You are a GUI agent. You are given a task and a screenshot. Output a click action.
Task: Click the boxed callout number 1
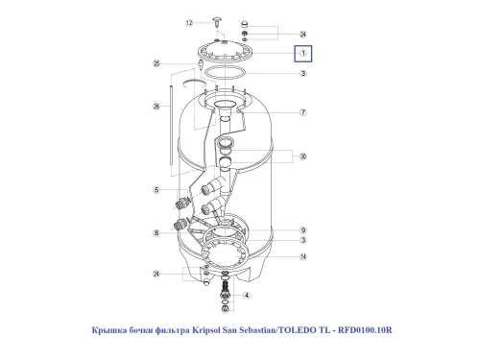click(303, 54)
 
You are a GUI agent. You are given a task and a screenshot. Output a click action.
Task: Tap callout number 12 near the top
click(189, 23)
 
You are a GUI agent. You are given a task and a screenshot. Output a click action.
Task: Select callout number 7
click(303, 112)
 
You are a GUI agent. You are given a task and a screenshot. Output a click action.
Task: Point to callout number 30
click(303, 156)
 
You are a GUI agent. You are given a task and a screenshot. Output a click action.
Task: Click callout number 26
click(156, 107)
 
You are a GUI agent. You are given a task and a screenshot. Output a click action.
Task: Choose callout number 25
click(156, 63)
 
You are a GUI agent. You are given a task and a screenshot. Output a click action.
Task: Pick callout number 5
click(156, 190)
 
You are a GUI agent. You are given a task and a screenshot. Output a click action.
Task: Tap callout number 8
click(156, 233)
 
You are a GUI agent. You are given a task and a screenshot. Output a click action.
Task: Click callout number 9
click(303, 230)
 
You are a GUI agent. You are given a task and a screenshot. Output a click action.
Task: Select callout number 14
click(303, 256)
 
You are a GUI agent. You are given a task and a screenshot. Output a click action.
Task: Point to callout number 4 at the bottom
click(247, 296)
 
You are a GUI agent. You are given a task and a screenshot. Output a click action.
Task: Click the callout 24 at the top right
click(303, 35)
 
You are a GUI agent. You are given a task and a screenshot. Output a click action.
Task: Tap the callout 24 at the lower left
click(156, 274)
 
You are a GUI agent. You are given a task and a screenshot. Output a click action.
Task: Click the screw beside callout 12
click(217, 22)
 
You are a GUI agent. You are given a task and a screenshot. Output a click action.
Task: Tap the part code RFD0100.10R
click(365, 330)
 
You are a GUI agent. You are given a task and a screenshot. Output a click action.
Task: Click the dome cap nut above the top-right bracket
click(245, 24)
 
